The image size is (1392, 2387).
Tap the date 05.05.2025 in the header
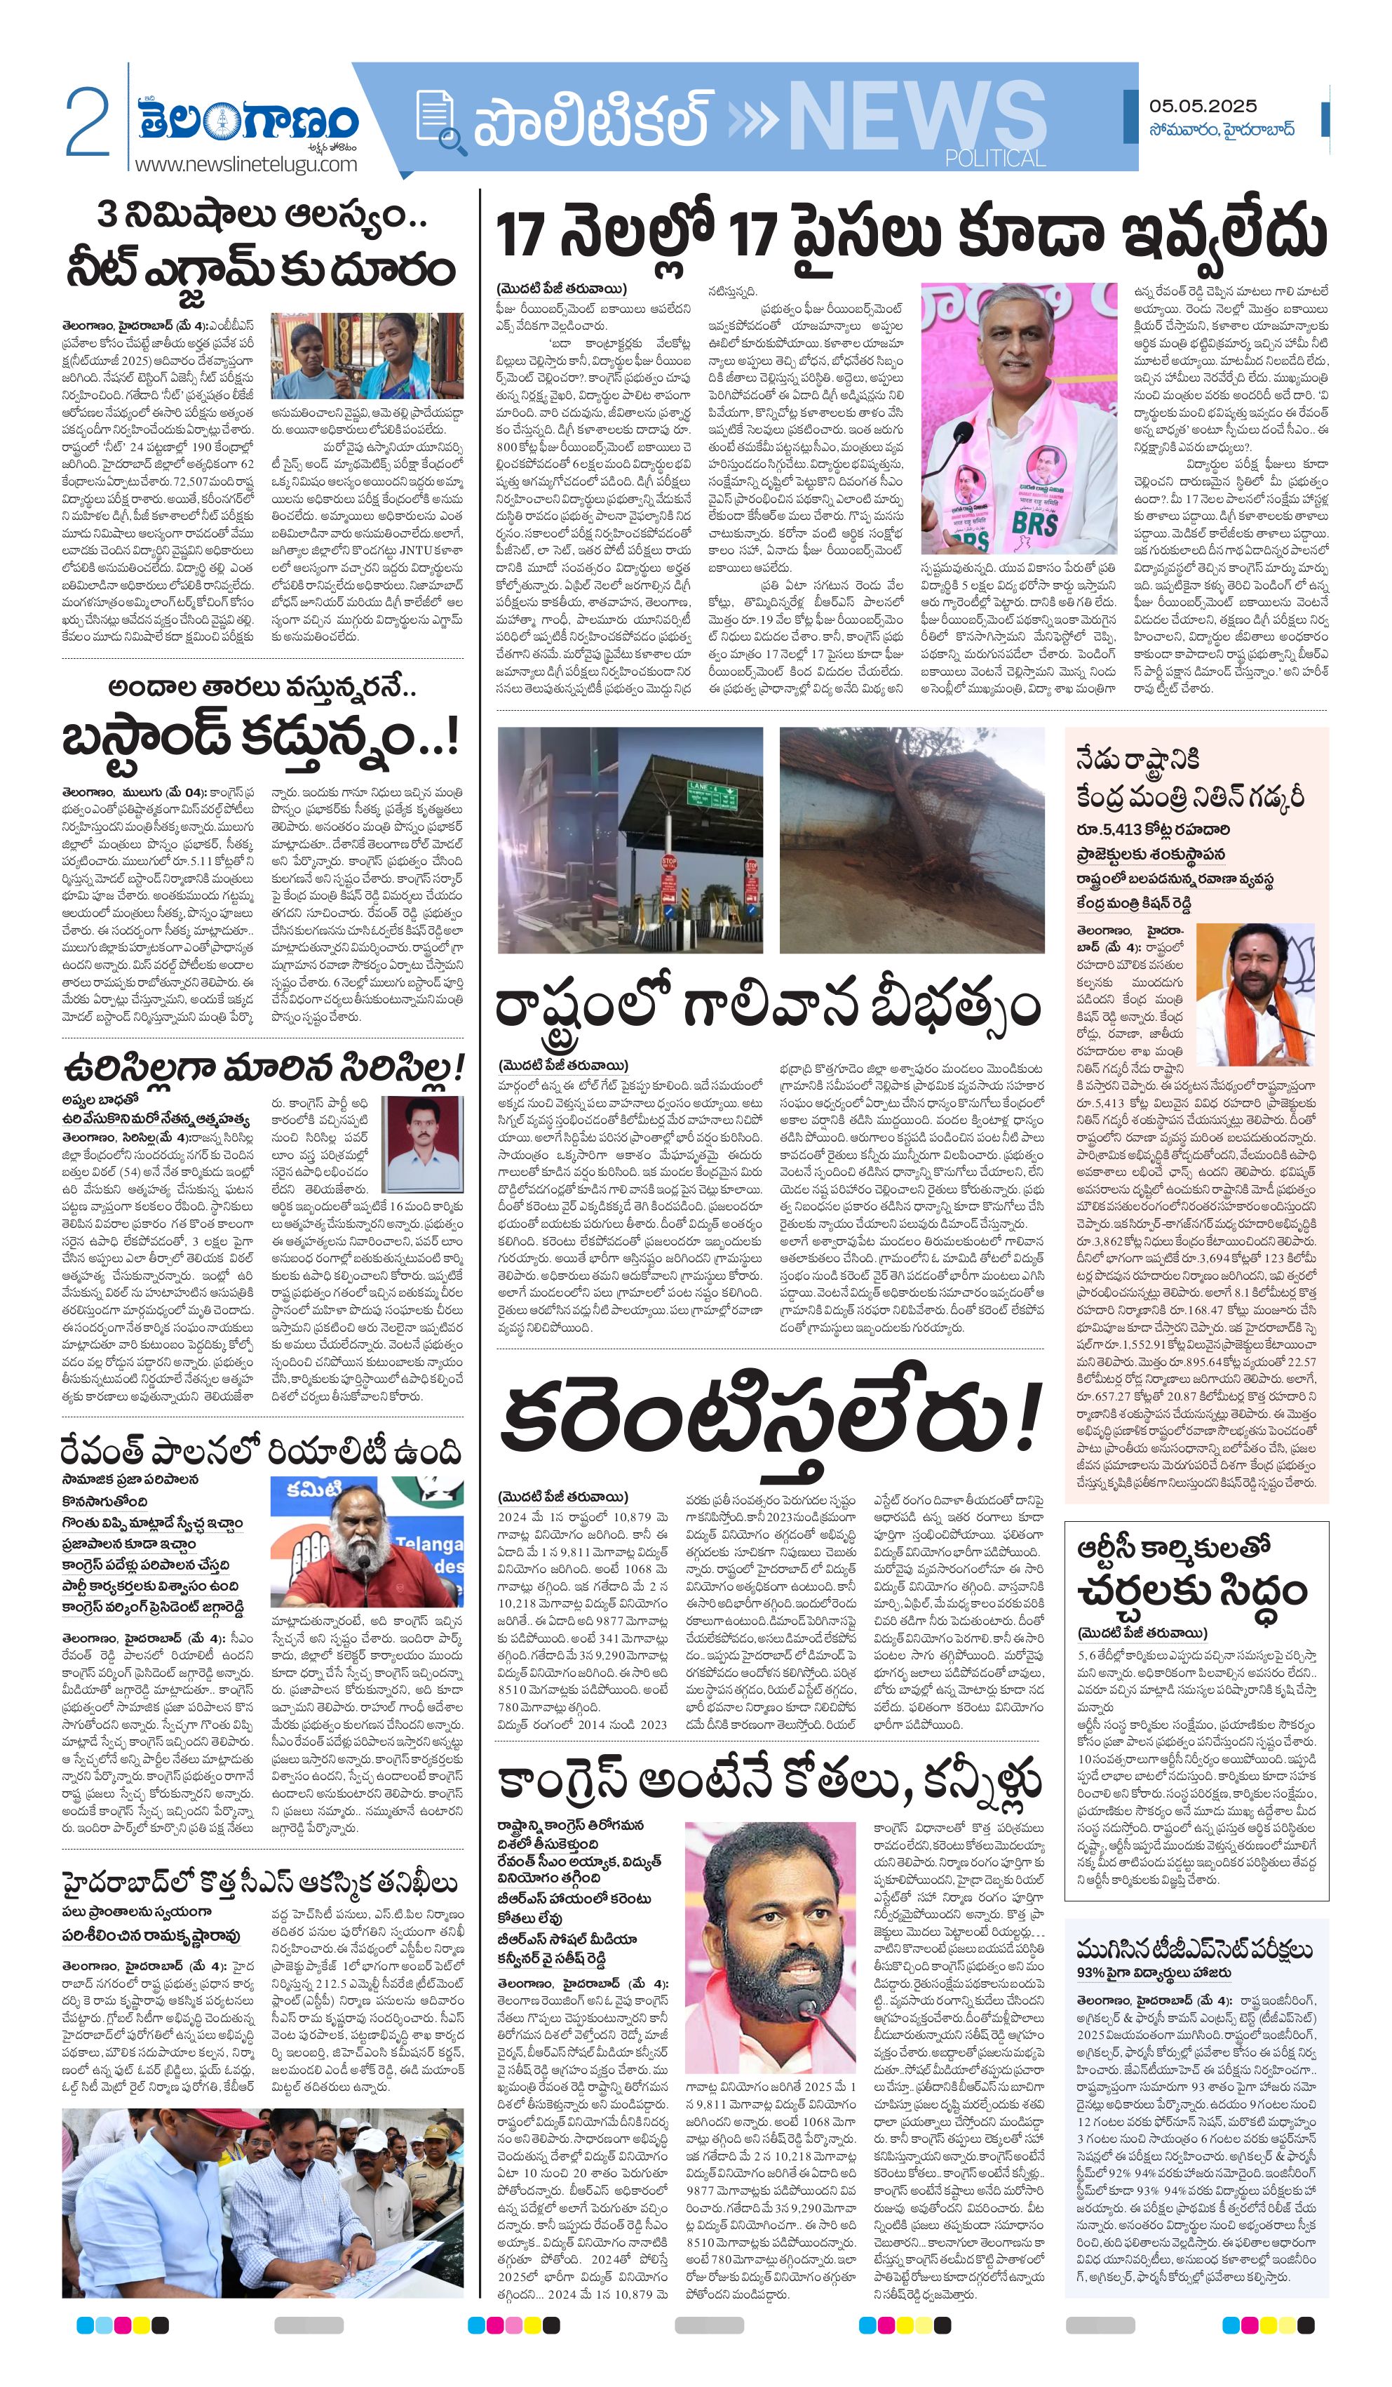tap(1203, 105)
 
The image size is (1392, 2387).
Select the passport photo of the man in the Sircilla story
tap(421, 1144)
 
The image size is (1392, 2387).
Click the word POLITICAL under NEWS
tap(994, 158)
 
